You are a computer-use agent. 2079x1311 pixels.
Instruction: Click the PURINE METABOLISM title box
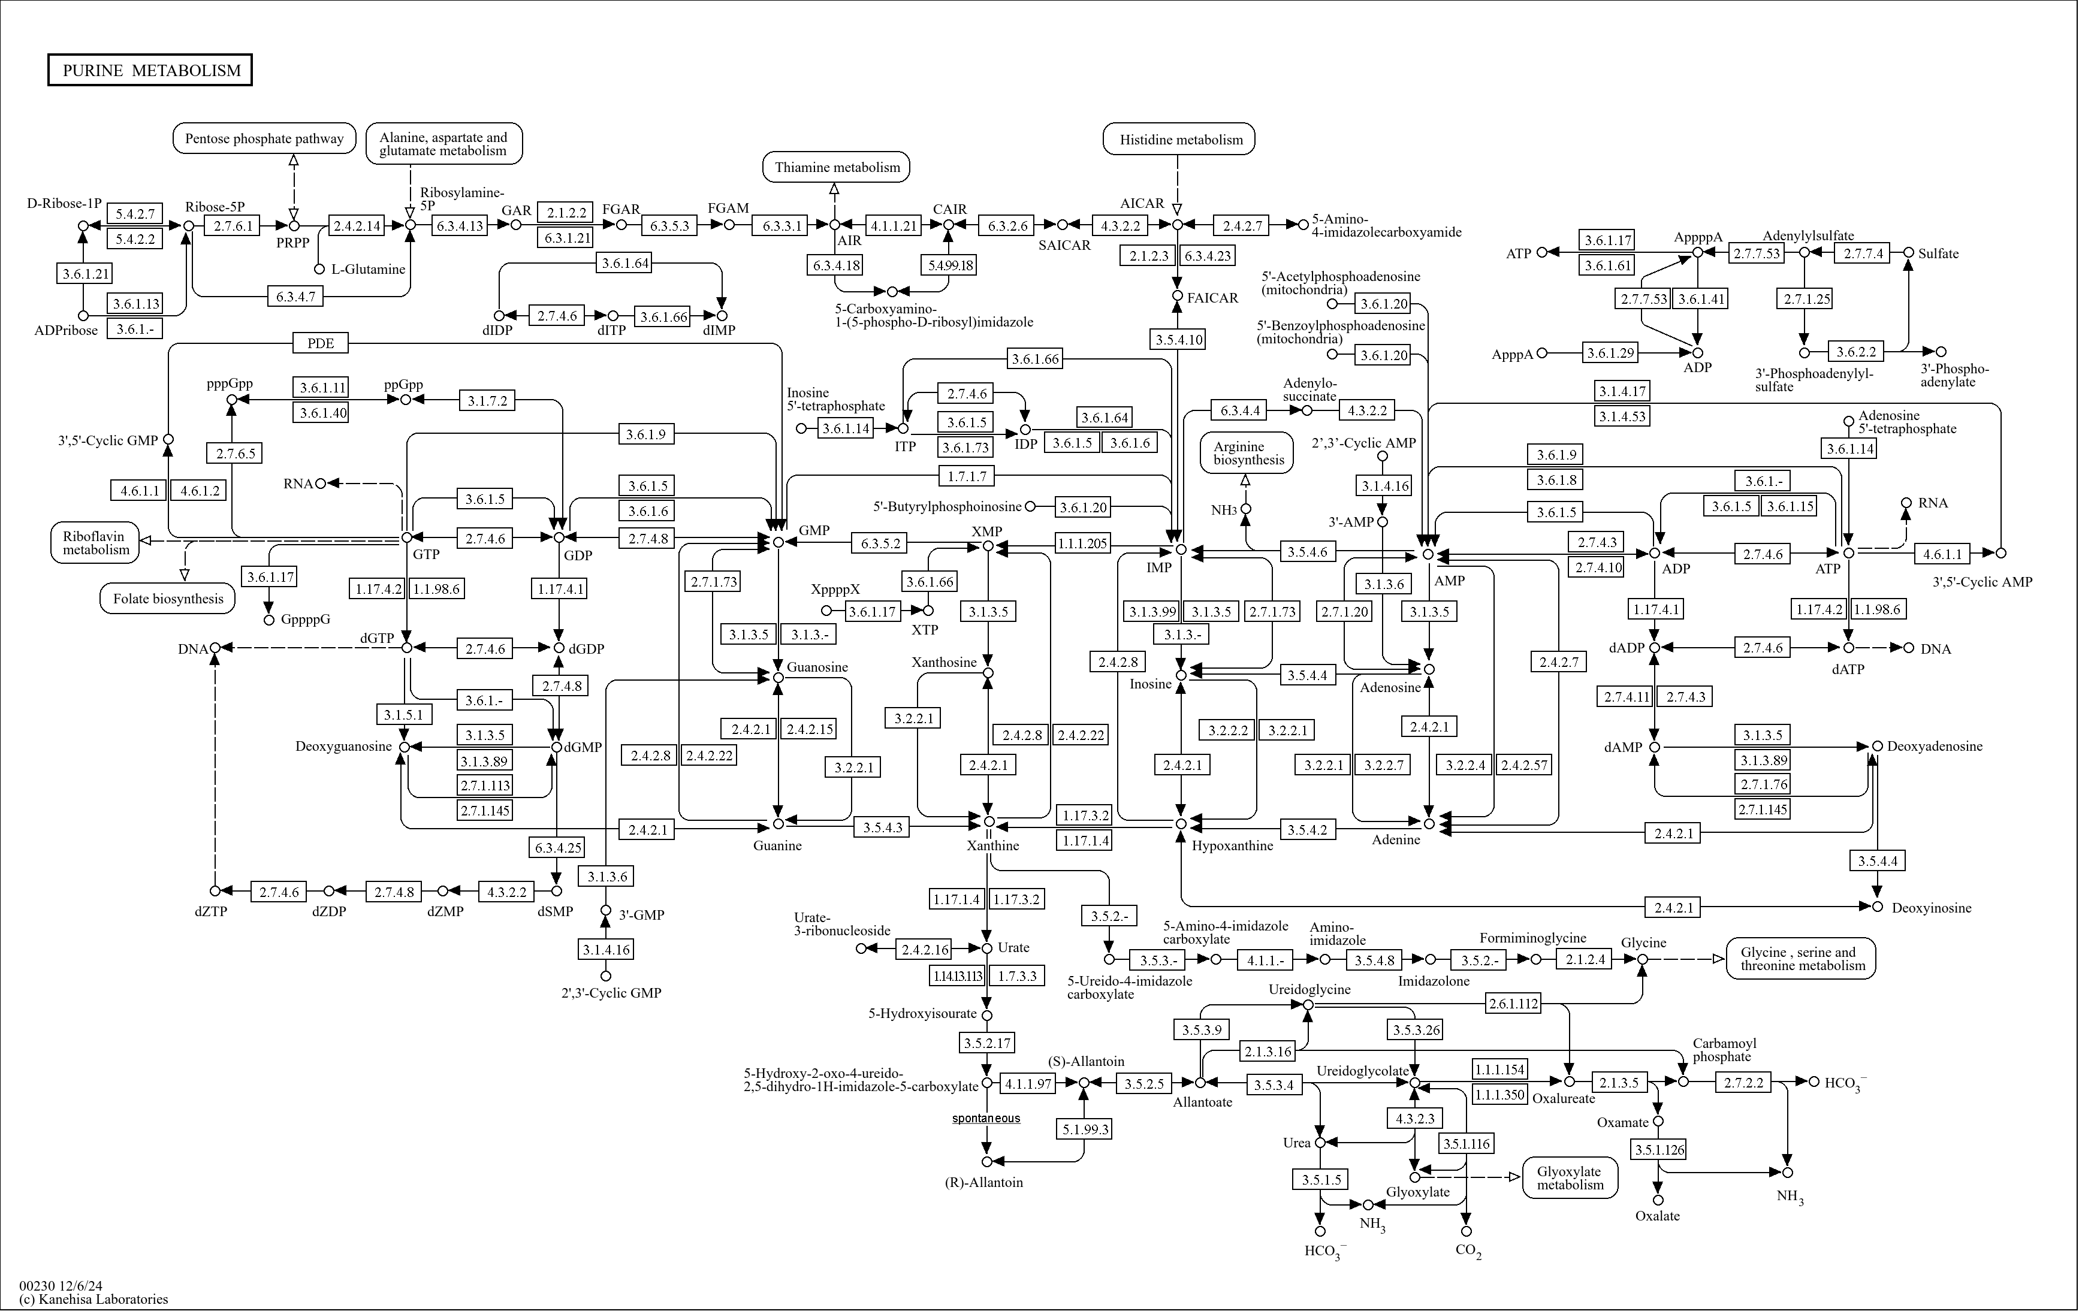[150, 71]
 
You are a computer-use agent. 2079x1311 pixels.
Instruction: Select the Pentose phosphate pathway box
[264, 138]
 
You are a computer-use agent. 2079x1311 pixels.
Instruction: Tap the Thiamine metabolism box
[837, 167]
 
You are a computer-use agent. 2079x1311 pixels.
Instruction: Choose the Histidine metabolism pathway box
[1180, 139]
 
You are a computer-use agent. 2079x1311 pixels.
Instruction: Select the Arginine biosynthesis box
[1248, 453]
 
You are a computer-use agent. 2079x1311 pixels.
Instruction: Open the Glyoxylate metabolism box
[1569, 1178]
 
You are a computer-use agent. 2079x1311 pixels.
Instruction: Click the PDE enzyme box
[320, 343]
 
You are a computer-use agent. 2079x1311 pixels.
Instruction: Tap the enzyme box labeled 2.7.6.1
[233, 226]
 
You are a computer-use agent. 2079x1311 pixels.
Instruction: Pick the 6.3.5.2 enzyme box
[880, 543]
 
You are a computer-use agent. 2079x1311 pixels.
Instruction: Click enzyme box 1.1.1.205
[1082, 543]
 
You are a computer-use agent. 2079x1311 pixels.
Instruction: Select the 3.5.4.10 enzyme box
[1178, 339]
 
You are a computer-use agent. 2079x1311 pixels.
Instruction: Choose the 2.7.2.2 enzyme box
[1744, 1082]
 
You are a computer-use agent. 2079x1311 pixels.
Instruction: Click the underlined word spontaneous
[986, 1119]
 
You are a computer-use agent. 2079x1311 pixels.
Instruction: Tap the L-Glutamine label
[369, 269]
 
